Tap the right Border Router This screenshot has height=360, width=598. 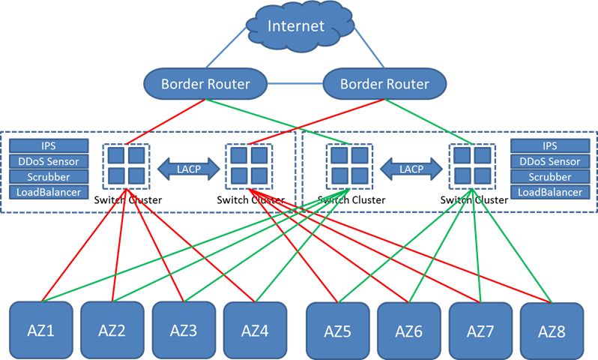pyautogui.click(x=384, y=83)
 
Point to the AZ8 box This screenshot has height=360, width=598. pyautogui.click(x=552, y=329)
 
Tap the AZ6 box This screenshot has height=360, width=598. pyautogui.click(x=408, y=329)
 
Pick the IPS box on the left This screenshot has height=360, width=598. pyautogui.click(x=49, y=146)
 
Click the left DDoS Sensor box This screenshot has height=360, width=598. pyautogui.click(x=49, y=162)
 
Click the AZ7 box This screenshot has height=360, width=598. pyautogui.click(x=480, y=329)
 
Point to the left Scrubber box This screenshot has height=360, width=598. pyautogui.click(x=49, y=178)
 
